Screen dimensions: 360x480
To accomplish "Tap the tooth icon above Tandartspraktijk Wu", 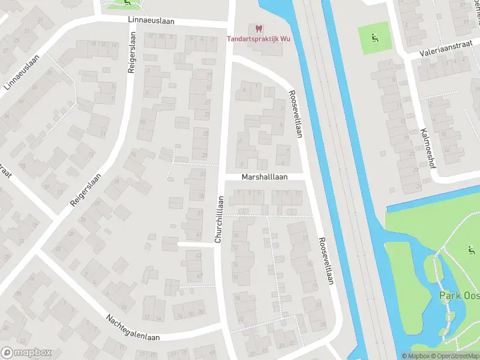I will click(x=259, y=28).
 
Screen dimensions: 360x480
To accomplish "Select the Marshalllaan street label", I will click(x=265, y=178).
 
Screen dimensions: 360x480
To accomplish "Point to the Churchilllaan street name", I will click(x=219, y=219).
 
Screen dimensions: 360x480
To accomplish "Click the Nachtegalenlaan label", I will click(x=133, y=327).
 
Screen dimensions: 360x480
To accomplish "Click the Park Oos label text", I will click(x=459, y=295).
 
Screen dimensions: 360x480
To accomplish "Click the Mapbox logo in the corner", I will click(x=26, y=353).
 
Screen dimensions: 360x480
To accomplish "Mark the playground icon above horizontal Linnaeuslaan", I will click(x=127, y=2).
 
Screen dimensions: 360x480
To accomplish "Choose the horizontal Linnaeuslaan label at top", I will click(x=151, y=20).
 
